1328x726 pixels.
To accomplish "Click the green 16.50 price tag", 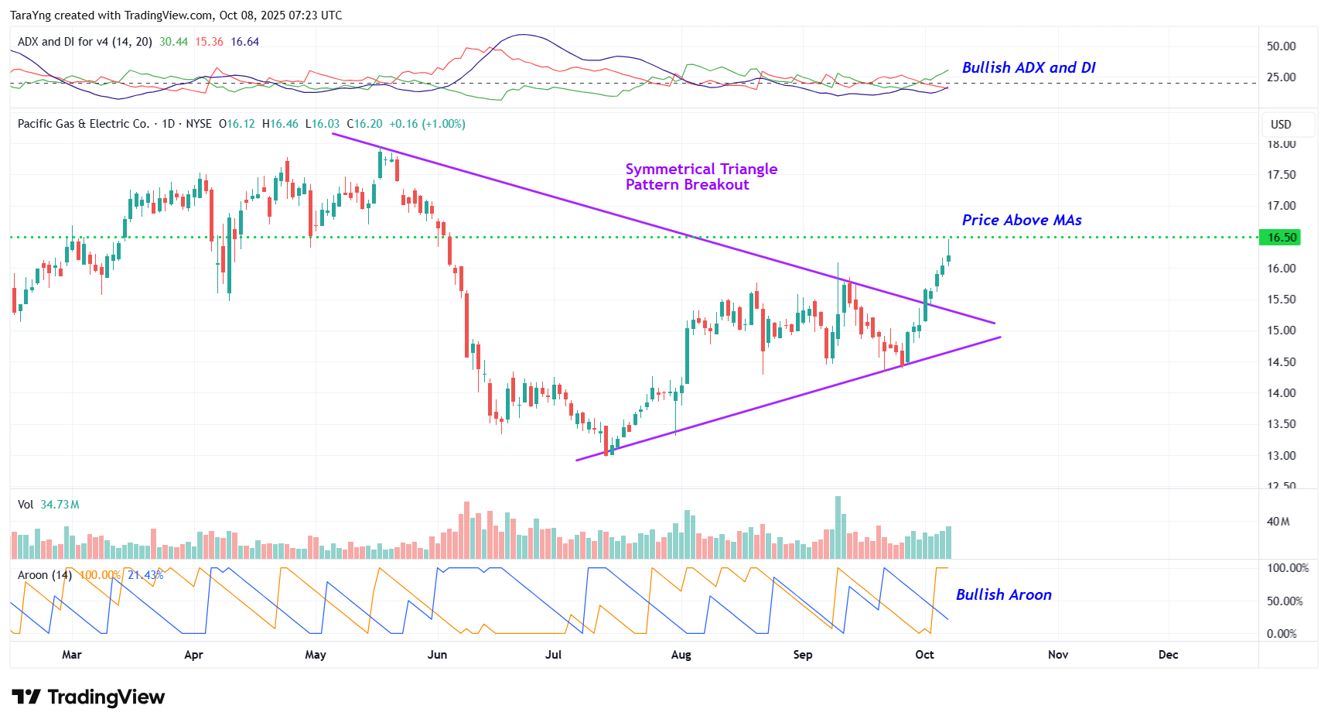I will [x=1281, y=238].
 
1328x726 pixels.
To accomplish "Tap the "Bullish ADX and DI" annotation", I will [x=1028, y=68].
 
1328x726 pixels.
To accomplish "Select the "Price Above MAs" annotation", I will [x=1021, y=221].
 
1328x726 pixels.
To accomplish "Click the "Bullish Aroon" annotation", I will [x=1003, y=595].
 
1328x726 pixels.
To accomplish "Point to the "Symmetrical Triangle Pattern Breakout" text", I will [x=700, y=177].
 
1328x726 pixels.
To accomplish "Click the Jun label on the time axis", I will [x=437, y=655].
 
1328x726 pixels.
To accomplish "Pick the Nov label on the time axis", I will [x=1057, y=655].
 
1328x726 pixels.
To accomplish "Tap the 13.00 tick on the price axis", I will [x=1281, y=456].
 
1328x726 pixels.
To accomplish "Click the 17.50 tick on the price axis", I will [x=1281, y=175].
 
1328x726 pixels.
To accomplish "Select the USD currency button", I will [x=1281, y=125].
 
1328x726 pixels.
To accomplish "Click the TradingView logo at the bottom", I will [x=88, y=697].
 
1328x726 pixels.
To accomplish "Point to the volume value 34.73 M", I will [x=60, y=505].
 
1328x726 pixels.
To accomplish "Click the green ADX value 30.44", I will [x=173, y=42].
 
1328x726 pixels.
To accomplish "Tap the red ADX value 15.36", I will [x=209, y=42].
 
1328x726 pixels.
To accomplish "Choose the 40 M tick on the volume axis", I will [x=1278, y=522].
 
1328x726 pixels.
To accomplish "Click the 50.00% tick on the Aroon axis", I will [x=1284, y=601].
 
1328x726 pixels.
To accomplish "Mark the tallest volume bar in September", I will [x=838, y=527].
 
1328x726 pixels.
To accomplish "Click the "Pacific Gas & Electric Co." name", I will [x=84, y=124].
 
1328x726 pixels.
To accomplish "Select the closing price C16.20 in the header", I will [x=364, y=124].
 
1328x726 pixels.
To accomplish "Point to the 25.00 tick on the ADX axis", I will [x=1281, y=77].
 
